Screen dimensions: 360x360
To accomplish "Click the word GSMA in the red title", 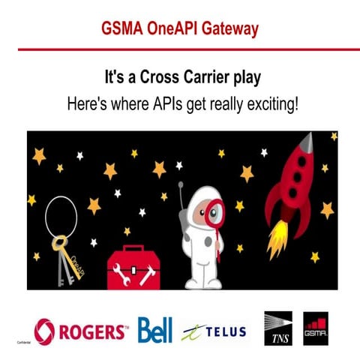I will tap(124, 29).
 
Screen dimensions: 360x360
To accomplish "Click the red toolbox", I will tap(133, 266).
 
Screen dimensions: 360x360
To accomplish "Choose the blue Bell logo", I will tap(155, 329).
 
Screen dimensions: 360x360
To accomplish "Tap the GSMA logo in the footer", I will tap(316, 328).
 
